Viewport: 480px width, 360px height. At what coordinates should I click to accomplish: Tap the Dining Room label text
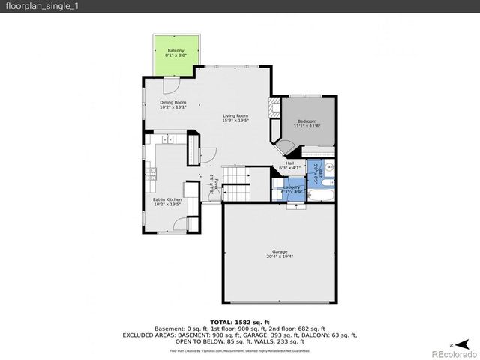(172, 103)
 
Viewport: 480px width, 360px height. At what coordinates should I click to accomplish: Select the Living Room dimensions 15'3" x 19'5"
(235, 120)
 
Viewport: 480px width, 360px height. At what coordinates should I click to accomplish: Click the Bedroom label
(307, 121)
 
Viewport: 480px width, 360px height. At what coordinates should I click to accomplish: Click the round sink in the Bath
(330, 166)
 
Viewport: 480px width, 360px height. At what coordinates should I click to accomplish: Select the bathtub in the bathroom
(324, 197)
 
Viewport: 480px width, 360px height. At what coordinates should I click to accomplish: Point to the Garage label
(279, 251)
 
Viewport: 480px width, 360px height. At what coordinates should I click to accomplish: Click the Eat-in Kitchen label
(167, 199)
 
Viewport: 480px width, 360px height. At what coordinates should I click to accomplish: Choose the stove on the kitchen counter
(151, 173)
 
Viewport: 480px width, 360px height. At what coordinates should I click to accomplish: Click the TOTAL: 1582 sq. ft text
(239, 321)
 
